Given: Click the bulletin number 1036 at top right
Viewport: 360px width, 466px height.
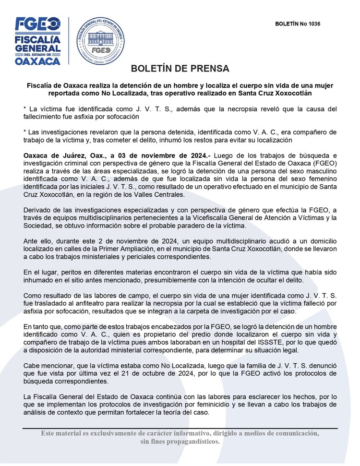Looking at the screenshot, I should click(298, 24).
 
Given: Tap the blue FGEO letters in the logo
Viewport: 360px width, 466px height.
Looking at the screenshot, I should click(37, 24).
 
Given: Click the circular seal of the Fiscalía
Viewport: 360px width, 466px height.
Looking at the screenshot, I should click(101, 41).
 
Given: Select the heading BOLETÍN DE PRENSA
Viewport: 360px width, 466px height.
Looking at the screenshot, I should click(180, 68).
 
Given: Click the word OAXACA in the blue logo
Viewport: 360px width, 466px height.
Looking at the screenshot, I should click(37, 61).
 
